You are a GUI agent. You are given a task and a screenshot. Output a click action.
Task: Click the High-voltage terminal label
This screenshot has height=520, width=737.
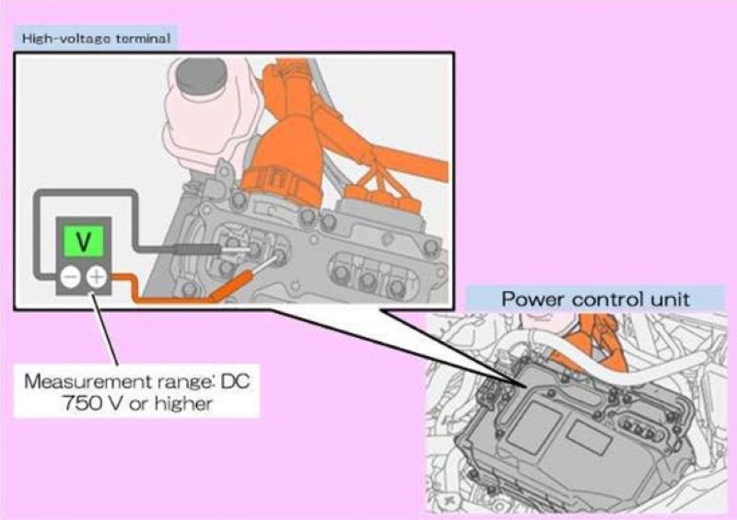[x=97, y=38]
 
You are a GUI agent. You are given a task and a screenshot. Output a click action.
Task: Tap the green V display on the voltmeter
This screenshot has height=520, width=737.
[x=84, y=241]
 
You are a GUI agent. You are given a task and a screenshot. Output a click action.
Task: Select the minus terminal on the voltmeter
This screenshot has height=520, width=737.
[x=71, y=277]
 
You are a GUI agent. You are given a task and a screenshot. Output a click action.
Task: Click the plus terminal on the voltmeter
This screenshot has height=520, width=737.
[x=97, y=277]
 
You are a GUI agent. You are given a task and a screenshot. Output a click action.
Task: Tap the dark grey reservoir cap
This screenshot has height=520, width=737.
[x=202, y=77]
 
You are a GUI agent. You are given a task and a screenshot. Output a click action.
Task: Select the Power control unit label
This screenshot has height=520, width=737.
[x=595, y=299]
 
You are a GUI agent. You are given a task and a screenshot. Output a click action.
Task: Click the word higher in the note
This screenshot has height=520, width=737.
[x=184, y=403]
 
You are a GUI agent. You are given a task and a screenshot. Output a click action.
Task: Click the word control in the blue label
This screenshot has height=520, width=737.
[x=608, y=299]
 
